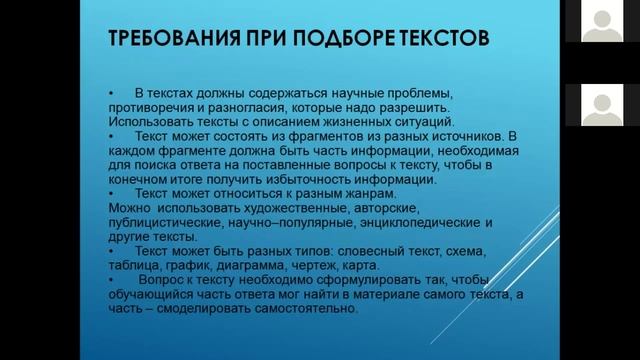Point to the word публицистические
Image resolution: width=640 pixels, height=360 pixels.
(x=157, y=223)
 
